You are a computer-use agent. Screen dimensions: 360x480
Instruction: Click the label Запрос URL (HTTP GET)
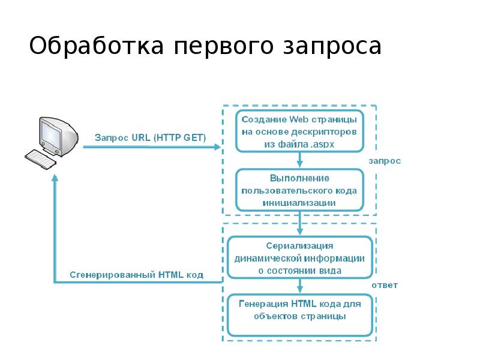click(150, 137)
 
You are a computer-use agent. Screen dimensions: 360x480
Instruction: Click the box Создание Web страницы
click(299, 130)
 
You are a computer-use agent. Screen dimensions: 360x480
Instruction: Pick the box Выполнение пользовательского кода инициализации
click(299, 190)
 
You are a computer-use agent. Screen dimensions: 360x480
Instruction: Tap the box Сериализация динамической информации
click(299, 258)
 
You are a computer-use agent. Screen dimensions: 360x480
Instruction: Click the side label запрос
click(385, 161)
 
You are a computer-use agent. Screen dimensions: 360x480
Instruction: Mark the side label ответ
click(385, 285)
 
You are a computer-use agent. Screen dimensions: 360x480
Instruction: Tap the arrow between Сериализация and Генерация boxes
click(299, 287)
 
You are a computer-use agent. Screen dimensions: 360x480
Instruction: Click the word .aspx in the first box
click(322, 145)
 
